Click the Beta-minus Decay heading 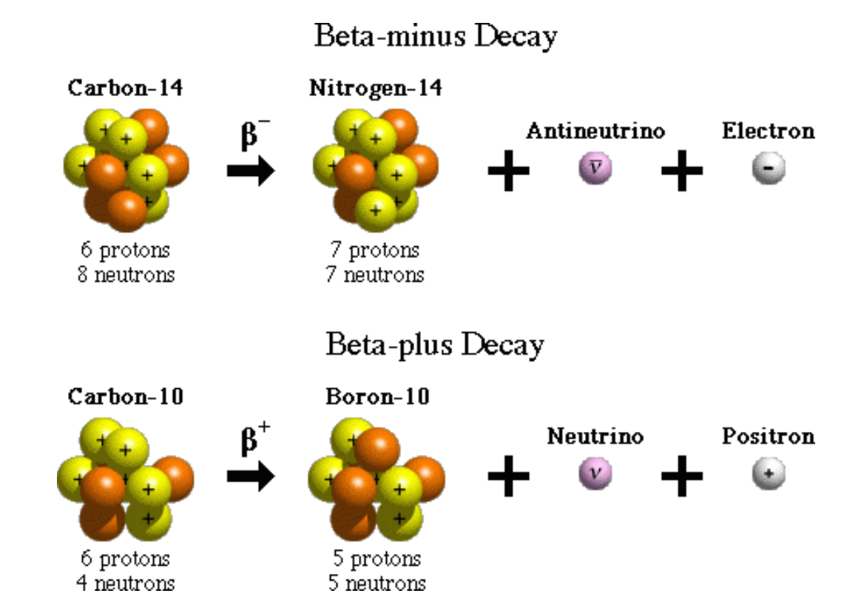pos(435,35)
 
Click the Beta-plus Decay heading pos(435,345)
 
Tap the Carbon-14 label pos(125,89)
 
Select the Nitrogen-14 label pos(375,89)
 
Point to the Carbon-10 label pos(125,396)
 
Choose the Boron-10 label pos(377,396)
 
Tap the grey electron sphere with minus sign pos(768,169)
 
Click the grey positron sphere pos(768,474)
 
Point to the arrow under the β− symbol pos(251,172)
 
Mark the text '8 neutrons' pos(126,275)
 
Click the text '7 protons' pos(376,250)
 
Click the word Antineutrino pos(595,132)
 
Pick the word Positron pos(768,436)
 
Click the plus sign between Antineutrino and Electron pos(681,172)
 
